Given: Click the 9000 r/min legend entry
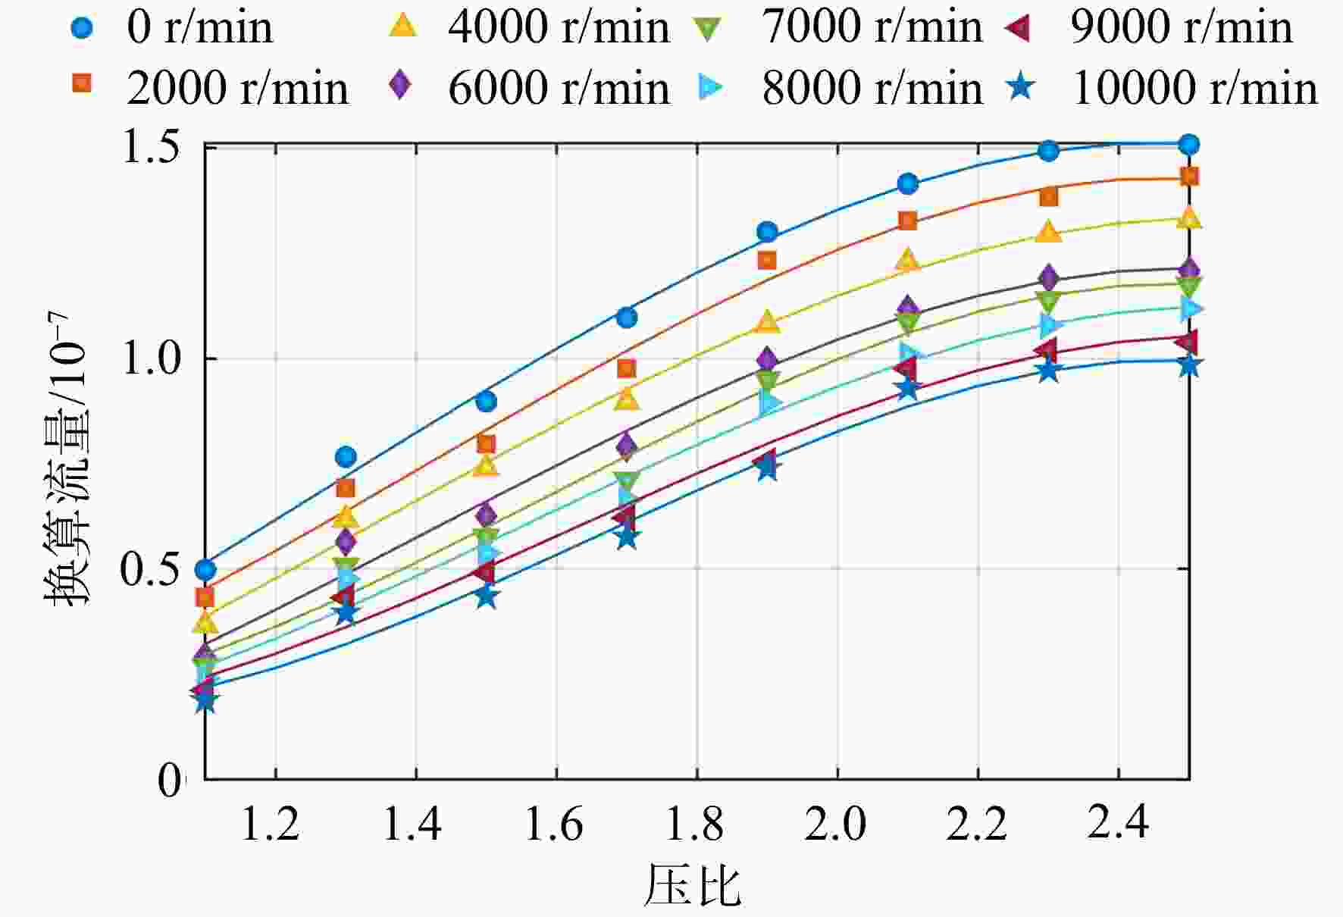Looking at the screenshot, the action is coord(1148,28).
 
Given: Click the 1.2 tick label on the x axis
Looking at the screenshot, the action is coord(270,824).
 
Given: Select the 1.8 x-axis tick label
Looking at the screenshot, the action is coord(694,824).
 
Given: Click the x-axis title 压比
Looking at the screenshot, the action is coord(692,885).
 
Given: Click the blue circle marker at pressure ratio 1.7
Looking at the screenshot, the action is coord(627,318).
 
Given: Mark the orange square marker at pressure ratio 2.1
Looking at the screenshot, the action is coord(907,221).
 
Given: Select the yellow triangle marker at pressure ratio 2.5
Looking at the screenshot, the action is coord(1189,218).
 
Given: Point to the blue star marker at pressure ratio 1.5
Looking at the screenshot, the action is coord(487,596).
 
